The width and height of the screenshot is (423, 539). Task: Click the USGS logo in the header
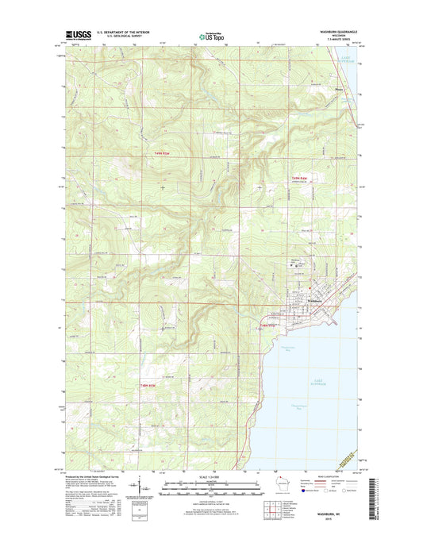pyautogui.click(x=78, y=34)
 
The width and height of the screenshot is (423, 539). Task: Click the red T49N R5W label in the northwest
pyautogui.click(x=161, y=154)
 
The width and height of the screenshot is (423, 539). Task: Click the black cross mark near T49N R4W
pyautogui.click(x=261, y=187)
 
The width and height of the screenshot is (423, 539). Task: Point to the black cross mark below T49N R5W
pyautogui.click(x=162, y=187)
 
